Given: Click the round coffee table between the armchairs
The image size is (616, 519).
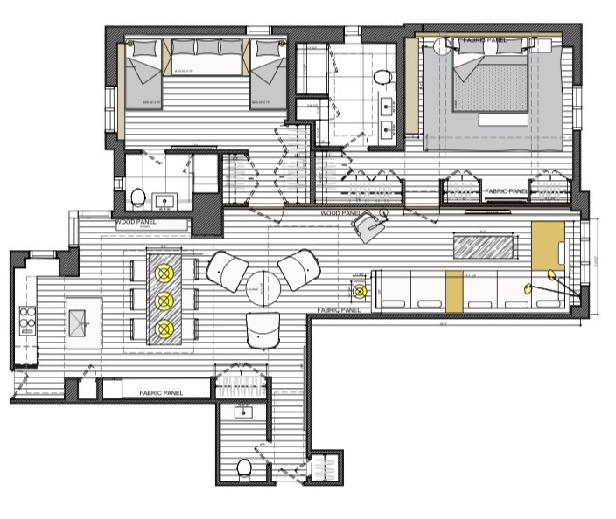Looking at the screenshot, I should (x=261, y=287).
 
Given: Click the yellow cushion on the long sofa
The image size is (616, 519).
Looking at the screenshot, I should (x=453, y=292).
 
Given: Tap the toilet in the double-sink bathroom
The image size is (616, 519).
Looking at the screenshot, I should (x=382, y=79).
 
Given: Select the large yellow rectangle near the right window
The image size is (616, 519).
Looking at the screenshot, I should (x=549, y=246).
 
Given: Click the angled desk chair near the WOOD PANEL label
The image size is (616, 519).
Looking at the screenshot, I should (x=368, y=224).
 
